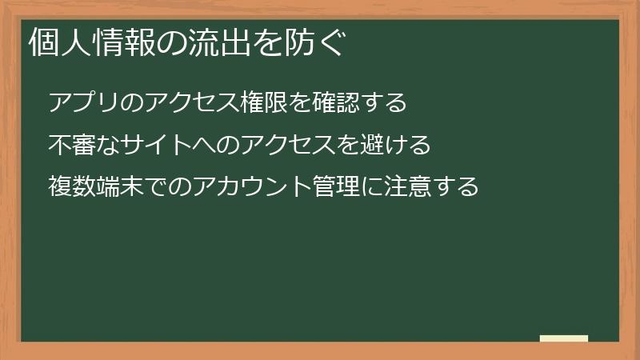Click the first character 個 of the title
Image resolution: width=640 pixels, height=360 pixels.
pos(43,43)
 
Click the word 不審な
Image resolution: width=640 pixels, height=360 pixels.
pos(86,146)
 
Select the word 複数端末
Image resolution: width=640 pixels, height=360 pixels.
pos(96,187)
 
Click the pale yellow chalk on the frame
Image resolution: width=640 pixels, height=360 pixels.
pos(564,339)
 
